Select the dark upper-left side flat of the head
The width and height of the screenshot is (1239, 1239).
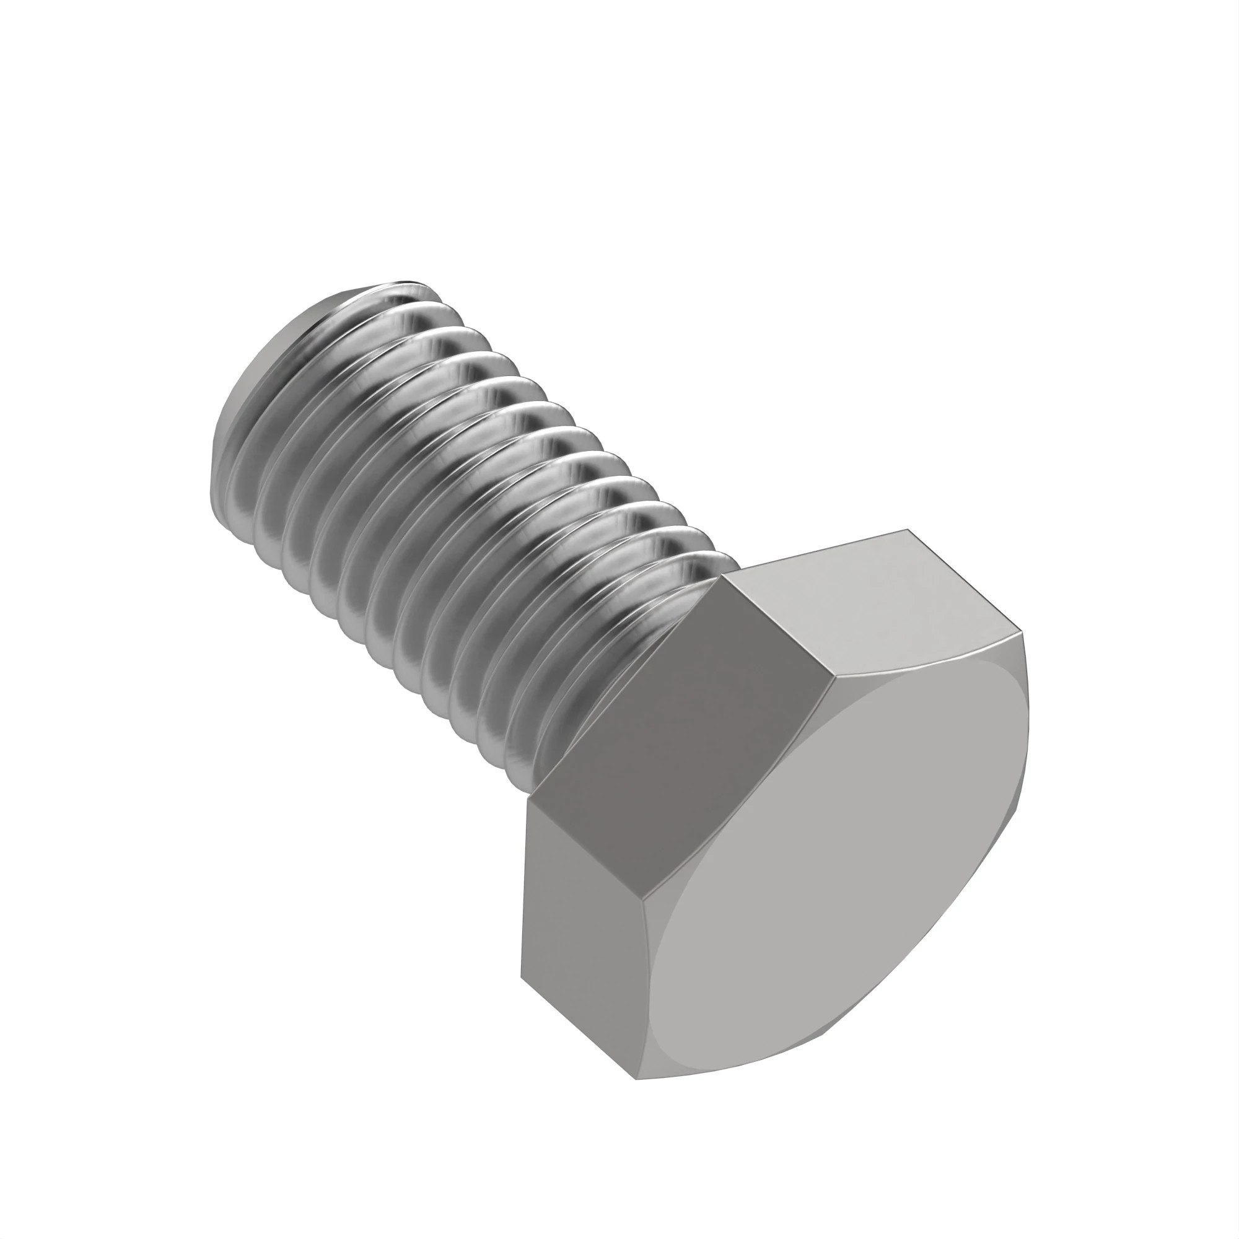[x=686, y=737]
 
